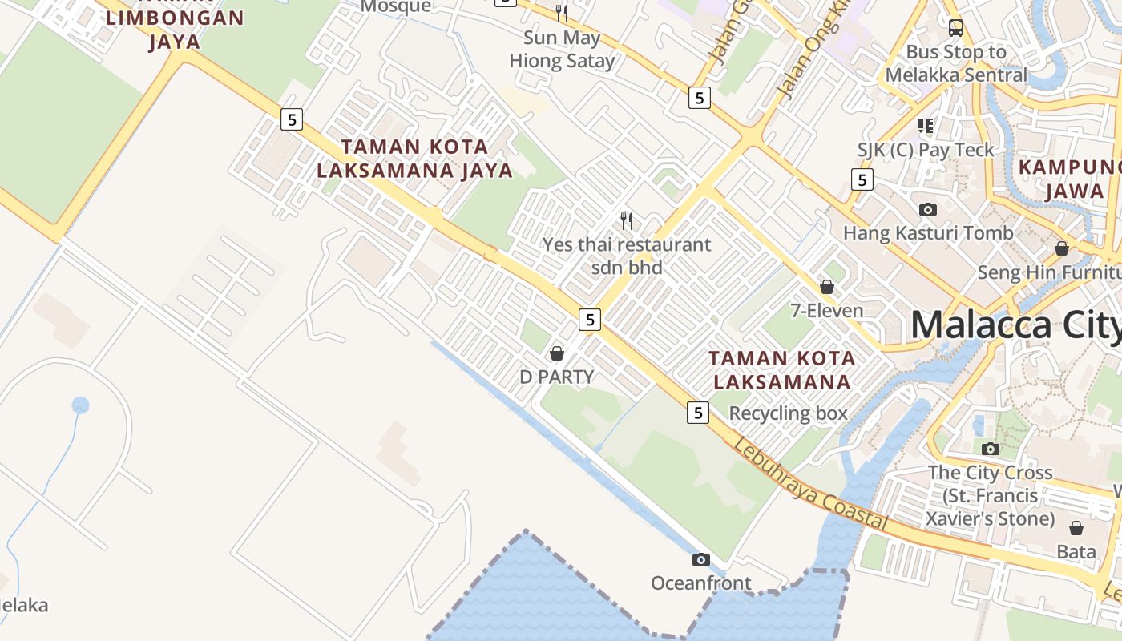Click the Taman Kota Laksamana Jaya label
414,158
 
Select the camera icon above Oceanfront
701,559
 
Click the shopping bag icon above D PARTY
557,353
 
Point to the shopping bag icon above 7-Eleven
827,286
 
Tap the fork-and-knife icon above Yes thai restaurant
627,220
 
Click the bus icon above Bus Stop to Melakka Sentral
956,28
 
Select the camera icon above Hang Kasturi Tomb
928,209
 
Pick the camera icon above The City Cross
991,449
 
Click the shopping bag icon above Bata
1076,528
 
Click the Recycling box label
788,413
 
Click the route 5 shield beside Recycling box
698,413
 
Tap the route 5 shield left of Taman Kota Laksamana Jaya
292,119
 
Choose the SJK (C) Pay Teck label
926,150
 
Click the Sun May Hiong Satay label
562,49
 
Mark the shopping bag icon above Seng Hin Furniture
1062,248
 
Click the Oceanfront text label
701,583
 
